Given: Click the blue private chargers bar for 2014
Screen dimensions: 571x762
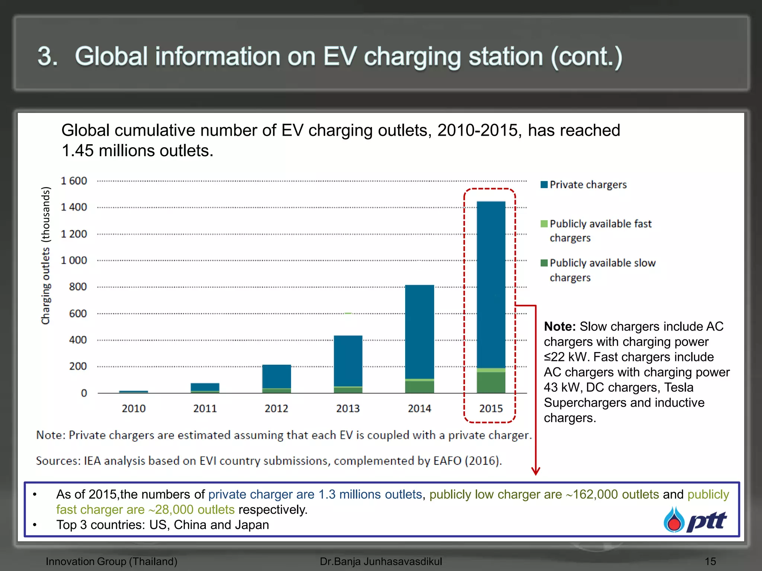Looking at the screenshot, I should point(419,331).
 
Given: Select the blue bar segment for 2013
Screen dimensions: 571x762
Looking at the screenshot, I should point(348,361).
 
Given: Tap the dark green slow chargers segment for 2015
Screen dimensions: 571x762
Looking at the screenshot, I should point(491,382).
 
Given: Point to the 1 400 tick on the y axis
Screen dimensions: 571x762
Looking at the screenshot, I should point(74,207).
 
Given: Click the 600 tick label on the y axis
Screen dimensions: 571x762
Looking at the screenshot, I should point(78,313).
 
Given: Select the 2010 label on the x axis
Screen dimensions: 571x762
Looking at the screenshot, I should point(134,409).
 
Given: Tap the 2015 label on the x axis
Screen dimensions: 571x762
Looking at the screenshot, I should point(491,409).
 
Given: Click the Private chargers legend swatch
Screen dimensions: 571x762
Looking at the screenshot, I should point(544,185).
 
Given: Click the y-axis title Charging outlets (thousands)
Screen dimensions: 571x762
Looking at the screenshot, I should point(45,255).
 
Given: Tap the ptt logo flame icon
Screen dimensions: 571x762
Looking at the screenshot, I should point(674,520).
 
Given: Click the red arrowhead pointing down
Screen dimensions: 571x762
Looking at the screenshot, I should point(535,471).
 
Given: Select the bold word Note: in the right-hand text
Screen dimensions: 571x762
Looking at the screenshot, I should point(560,326).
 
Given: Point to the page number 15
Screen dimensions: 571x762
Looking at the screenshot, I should point(710,561).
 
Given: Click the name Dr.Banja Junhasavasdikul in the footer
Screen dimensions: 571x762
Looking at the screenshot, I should point(381,561).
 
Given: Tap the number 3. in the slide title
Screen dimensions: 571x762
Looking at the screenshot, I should point(48,57).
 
